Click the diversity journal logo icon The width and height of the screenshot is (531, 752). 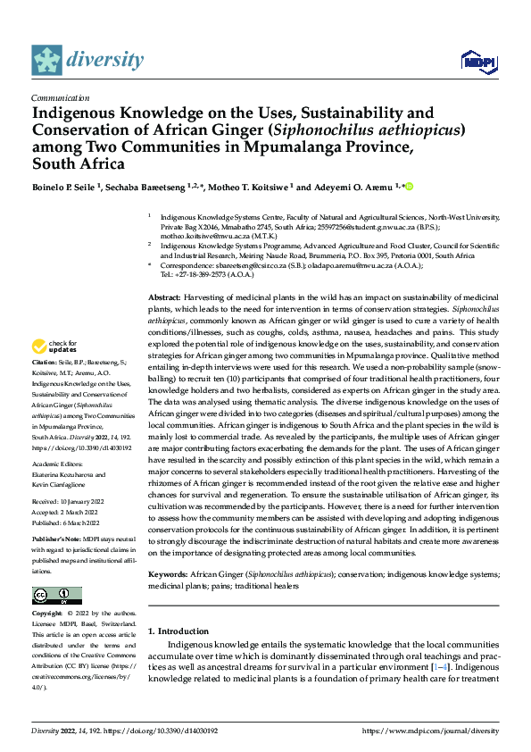pyautogui.click(x=47, y=60)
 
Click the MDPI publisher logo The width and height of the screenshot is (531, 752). pyautogui.click(x=477, y=61)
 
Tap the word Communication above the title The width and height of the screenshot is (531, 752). pyautogui.click(x=60, y=98)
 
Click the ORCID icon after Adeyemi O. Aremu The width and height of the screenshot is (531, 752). pyautogui.click(x=411, y=187)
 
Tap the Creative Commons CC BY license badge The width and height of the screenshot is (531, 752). pyautogui.click(x=56, y=597)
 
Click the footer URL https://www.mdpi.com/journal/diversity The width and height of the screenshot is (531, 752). pyautogui.click(x=430, y=730)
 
